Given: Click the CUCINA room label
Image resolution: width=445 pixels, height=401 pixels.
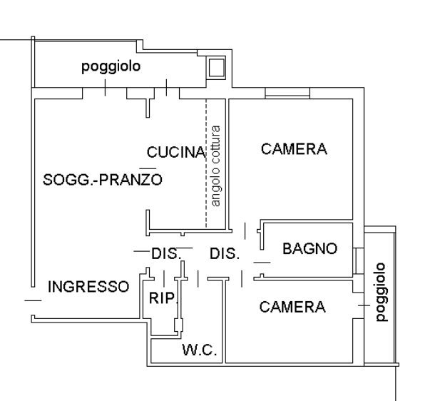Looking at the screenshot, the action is coord(176,152).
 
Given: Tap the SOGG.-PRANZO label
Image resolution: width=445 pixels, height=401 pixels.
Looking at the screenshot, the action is coord(103,180).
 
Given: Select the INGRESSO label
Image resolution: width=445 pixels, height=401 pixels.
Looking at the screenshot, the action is coord(88,287).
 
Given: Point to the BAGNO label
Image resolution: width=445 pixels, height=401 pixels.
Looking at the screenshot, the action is coord(310,248).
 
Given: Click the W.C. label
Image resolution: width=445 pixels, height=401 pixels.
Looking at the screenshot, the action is coord(200,350).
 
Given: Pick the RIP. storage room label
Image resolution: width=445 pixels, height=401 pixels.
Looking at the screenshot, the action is coord(163,298).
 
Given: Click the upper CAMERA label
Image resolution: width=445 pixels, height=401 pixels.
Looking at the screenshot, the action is coord(294,149).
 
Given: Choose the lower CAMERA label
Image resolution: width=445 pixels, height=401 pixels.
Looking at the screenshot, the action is coord(292,307).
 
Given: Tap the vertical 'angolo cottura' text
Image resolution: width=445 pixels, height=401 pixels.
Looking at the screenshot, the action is coord(215,166).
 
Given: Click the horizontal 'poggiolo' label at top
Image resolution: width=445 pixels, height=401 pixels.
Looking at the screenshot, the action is coord(111,67).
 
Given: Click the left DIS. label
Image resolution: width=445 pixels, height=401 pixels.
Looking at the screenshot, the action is coord(166,253).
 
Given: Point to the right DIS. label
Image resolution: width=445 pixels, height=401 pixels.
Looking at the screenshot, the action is coord(225,253).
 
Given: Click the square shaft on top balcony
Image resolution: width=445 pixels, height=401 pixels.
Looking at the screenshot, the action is coord(217,68).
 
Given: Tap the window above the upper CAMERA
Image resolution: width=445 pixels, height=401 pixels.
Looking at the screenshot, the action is coord(287,93).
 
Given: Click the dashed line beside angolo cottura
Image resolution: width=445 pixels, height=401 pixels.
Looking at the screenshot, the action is coord(206,163).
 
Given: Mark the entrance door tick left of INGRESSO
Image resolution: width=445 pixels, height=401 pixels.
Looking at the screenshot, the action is coord(33,300).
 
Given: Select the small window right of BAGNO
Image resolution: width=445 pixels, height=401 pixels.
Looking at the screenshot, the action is coord(358,261).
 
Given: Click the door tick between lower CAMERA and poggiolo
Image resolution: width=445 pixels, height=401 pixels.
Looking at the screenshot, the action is coord(364,305).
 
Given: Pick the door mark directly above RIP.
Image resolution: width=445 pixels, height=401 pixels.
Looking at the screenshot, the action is coord(164,278).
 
